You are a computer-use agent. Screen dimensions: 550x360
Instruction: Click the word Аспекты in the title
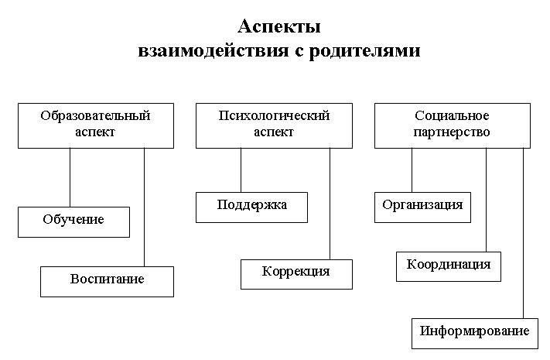pyautogui.click(x=279, y=26)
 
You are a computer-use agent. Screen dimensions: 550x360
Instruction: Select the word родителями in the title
pyautogui.click(x=364, y=51)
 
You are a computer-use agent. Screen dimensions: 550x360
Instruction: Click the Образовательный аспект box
pyautogui.click(x=96, y=125)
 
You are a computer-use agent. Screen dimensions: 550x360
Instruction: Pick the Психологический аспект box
pyautogui.click(x=274, y=125)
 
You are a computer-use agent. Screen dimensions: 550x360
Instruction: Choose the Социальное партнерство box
pyautogui.click(x=453, y=125)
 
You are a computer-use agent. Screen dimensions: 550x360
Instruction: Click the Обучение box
pyautogui.click(x=73, y=222)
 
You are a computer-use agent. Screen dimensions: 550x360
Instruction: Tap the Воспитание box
pyautogui.click(x=107, y=282)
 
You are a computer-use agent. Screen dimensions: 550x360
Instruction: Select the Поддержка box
pyautogui.click(x=251, y=207)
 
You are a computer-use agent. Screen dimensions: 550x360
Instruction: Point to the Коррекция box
pyautogui.click(x=296, y=274)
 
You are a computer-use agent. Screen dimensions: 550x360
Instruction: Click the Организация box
pyautogui.click(x=422, y=207)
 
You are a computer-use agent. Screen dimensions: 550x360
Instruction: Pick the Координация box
pyautogui.click(x=449, y=266)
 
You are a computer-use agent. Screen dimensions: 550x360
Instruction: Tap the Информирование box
pyautogui.click(x=475, y=334)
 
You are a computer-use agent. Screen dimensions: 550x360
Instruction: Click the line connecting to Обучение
pyautogui.click(x=70, y=177)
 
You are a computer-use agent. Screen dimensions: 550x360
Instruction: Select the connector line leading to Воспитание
pyautogui.click(x=144, y=207)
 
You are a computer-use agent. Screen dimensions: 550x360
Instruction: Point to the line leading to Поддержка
pyautogui.click(x=241, y=170)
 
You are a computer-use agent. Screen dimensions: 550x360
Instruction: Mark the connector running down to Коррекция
pyautogui.click(x=330, y=204)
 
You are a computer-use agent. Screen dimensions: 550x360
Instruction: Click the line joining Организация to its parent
pyautogui.click(x=412, y=170)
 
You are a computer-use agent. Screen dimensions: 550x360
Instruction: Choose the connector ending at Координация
pyautogui.click(x=486, y=200)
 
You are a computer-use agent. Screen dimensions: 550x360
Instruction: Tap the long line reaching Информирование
pyautogui.click(x=524, y=233)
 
